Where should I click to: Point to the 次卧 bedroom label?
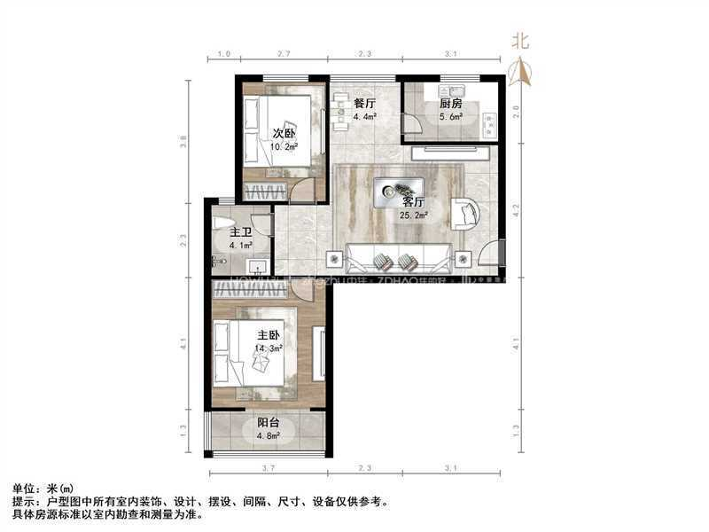283,134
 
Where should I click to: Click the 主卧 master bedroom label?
269,336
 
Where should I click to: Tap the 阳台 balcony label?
269,423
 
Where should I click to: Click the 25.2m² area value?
414,214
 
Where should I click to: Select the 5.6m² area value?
452,116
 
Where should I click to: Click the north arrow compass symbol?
521,70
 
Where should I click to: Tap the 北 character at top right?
521,41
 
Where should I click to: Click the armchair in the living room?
466,213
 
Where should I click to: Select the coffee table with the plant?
398,190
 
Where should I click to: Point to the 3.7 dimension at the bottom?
267,468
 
